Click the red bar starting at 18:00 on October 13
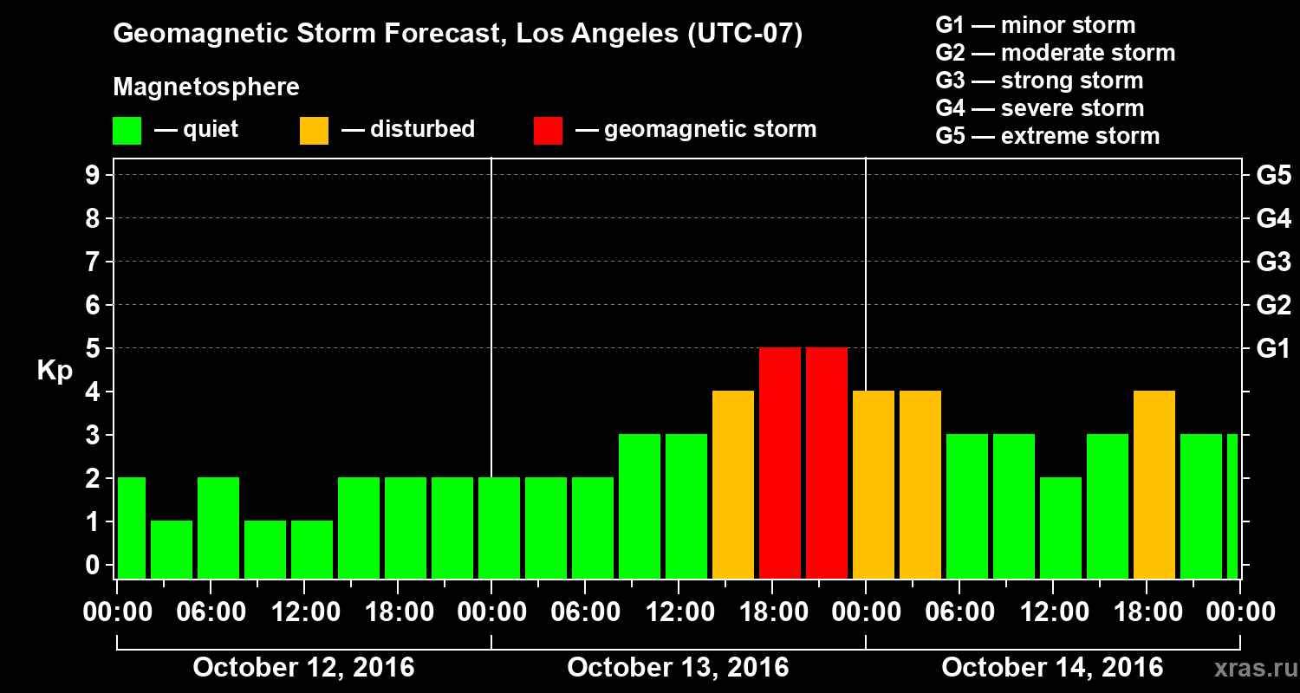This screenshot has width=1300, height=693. coord(779,463)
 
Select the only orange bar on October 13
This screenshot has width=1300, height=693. coord(732,484)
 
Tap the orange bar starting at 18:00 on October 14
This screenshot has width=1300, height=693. coord(1154,484)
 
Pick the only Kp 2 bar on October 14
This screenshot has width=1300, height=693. coord(1060,528)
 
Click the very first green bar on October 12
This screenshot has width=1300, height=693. coord(131,528)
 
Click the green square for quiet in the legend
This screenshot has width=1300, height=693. coord(127,131)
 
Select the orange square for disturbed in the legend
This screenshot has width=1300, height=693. coord(314,131)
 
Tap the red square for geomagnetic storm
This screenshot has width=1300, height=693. coord(548,131)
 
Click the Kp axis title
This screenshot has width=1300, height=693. coord(55,371)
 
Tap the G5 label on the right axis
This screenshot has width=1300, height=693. coord(1273,176)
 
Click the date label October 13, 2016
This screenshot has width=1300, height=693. coord(678,668)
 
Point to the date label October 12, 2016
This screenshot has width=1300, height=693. coord(303,668)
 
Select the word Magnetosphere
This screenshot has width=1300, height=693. coord(206,87)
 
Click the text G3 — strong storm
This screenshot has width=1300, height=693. coord(1039,81)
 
